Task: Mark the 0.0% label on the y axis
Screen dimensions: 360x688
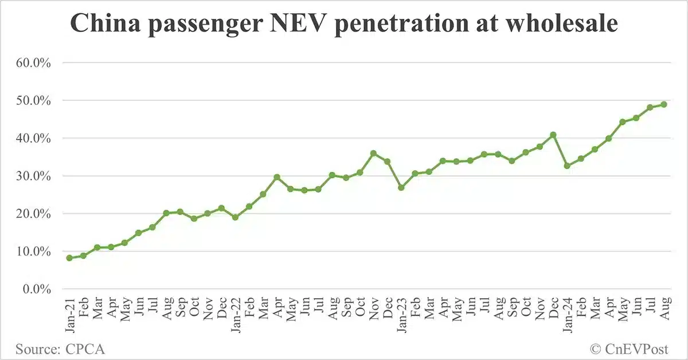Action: pos(35,289)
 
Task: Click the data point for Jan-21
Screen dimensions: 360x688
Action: pos(69,258)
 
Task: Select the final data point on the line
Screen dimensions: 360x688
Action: pos(663,104)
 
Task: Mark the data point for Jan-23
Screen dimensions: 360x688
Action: pos(401,187)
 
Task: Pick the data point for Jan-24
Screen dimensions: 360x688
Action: pos(567,166)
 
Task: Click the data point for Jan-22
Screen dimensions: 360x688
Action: pos(235,217)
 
